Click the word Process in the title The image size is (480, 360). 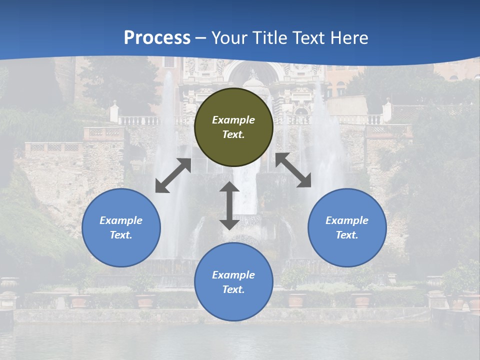(157, 38)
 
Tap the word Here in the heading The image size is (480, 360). (350, 38)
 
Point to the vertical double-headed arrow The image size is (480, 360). (229, 205)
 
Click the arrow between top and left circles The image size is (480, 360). (173, 175)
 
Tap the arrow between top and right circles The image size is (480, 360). (293, 170)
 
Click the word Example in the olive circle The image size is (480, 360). (233, 120)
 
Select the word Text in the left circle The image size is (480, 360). (121, 235)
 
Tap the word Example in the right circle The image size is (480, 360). (347, 220)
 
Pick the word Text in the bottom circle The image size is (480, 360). (233, 289)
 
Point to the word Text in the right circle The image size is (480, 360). (347, 235)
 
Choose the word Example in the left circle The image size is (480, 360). (121, 220)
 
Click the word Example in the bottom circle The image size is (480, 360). (233, 275)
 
